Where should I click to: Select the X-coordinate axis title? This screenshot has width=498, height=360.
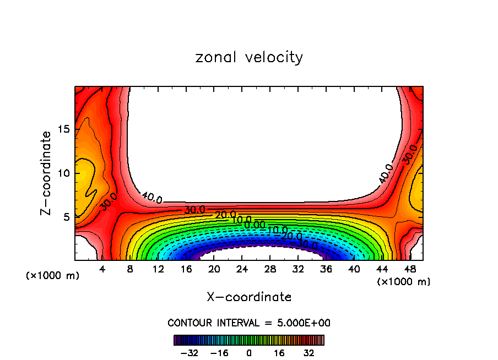tap(249, 297)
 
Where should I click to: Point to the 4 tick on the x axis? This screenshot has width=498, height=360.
tap(102, 270)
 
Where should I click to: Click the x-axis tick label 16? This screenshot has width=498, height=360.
tap(186, 270)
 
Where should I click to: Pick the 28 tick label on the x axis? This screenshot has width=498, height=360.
tap(269, 270)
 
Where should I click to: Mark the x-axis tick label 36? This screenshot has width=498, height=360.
tap(326, 270)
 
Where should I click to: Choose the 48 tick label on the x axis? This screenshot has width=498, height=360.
tap(409, 270)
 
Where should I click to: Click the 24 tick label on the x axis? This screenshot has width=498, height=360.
tap(242, 270)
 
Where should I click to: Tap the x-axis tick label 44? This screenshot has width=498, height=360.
tap(382, 270)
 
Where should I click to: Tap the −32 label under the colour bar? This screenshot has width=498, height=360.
tap(190, 353)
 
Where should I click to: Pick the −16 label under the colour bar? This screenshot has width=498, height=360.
tap(219, 353)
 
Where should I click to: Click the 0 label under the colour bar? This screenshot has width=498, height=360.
tap(249, 353)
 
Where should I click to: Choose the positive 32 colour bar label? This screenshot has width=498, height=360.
tap(308, 353)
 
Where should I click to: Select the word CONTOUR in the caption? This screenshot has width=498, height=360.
tap(190, 323)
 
